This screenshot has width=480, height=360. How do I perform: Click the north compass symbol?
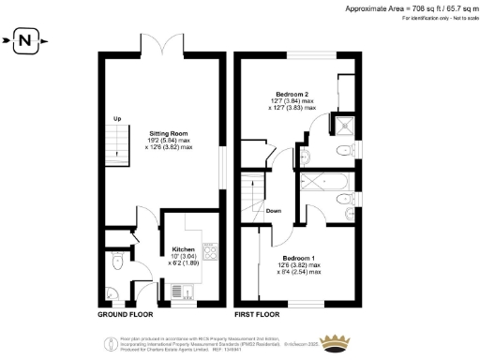tap(27, 40)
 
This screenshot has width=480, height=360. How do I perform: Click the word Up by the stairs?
tap(117, 118)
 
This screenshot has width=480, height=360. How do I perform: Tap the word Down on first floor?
tap(273, 211)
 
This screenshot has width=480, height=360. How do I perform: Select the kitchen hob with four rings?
tap(211, 252)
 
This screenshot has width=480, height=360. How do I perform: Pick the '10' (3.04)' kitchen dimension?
tap(184, 257)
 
